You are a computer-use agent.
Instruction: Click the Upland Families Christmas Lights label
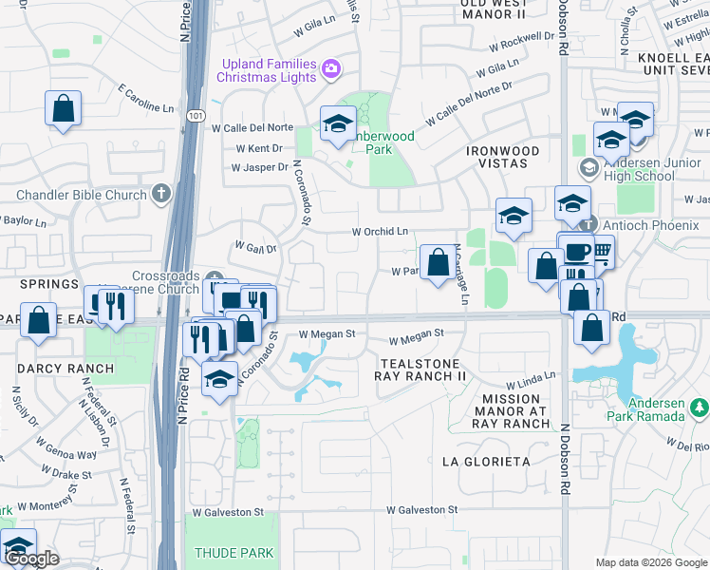[x=268, y=69]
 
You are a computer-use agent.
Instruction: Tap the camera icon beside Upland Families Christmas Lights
[x=330, y=67]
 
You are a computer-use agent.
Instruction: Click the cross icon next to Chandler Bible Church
[x=161, y=194]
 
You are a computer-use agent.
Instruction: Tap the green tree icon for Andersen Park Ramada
[x=700, y=408]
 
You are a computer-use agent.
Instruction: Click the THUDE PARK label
[x=234, y=552]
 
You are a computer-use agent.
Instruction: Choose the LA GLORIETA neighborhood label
[x=486, y=462]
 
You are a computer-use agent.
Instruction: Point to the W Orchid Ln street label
[x=380, y=231]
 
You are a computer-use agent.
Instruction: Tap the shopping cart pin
[x=600, y=251]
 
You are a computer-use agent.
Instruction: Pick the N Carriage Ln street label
[x=459, y=275]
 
